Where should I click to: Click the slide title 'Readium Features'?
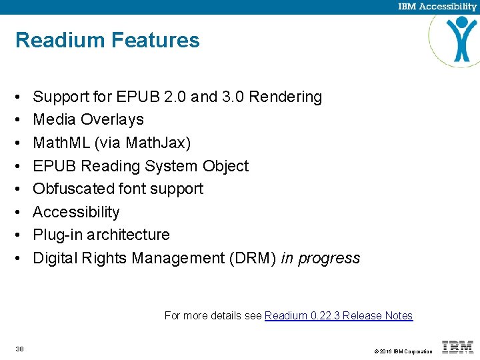[x=107, y=40]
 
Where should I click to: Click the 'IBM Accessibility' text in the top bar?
[x=437, y=7]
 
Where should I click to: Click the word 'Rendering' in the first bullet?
[x=285, y=97]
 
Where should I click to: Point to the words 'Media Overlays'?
[x=88, y=120]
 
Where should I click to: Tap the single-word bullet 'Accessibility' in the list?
[x=76, y=212]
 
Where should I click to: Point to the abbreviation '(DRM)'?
[x=251, y=258]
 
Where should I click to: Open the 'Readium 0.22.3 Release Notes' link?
[x=339, y=316]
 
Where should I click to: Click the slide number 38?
[x=19, y=349]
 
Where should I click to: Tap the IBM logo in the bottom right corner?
[x=458, y=347]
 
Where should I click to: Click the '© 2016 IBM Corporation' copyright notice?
[x=403, y=351]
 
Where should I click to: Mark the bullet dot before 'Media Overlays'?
[x=19, y=120]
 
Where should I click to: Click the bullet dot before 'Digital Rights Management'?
[x=19, y=258]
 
